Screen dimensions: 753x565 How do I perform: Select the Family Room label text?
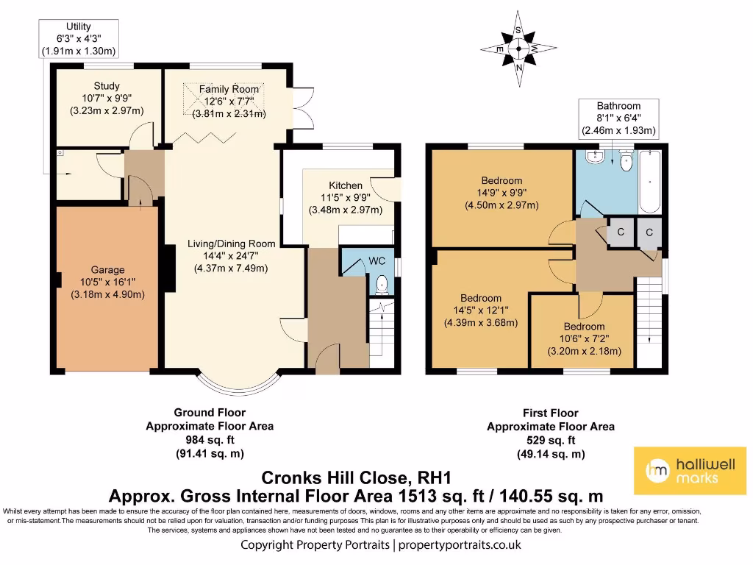coord(229,89)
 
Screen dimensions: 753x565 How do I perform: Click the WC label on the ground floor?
coord(377,261)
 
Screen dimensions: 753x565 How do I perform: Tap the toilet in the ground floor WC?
coord(382,285)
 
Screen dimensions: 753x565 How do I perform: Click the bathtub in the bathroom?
coord(650,182)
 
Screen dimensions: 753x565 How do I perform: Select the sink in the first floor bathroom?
coord(595,157)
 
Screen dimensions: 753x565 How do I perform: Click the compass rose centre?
coord(518,48)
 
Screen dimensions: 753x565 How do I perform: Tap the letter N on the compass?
coord(518,68)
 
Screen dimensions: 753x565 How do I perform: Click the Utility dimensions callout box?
coord(79,39)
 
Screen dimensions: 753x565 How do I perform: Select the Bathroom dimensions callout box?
coord(618,118)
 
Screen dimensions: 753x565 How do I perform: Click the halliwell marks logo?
coord(690,471)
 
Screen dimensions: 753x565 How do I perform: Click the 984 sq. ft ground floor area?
coord(210,440)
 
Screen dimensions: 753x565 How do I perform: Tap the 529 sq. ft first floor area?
coord(551,440)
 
